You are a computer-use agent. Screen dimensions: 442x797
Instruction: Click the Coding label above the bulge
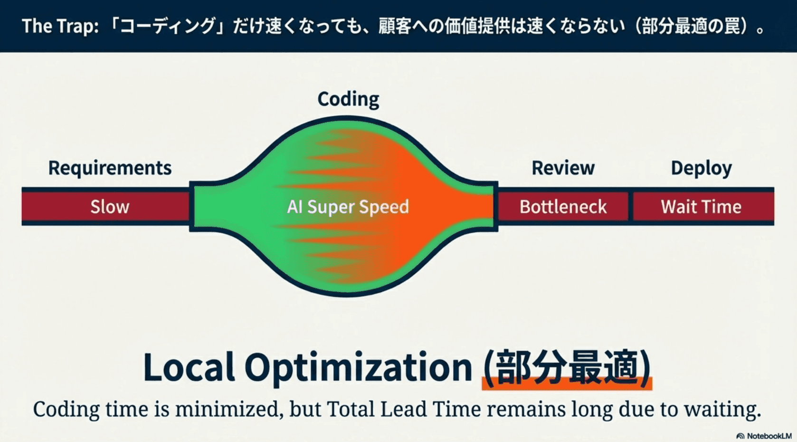click(x=348, y=99)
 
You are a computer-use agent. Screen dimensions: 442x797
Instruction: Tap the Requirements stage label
click(x=110, y=168)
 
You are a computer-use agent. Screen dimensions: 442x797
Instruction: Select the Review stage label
click(x=563, y=168)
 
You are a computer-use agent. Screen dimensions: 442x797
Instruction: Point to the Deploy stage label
click(x=701, y=168)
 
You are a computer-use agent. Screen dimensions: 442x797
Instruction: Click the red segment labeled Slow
click(x=110, y=207)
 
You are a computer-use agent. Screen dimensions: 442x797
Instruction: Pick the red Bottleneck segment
click(x=563, y=207)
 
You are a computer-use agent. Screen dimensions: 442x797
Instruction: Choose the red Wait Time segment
click(x=701, y=207)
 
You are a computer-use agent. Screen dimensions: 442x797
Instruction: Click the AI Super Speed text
click(x=348, y=207)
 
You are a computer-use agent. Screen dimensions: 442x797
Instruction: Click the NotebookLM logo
click(x=764, y=436)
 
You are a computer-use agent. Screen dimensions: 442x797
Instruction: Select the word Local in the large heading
click(x=189, y=367)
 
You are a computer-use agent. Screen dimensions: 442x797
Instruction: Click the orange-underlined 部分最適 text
click(x=567, y=367)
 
